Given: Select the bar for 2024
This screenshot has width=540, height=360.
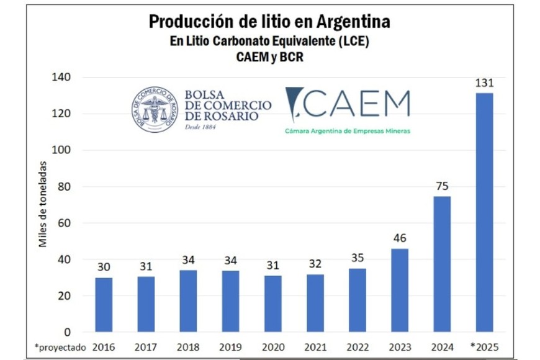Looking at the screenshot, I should (x=442, y=264).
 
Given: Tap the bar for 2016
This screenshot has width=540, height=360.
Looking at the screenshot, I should (x=104, y=304).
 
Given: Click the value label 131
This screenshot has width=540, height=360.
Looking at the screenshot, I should (x=484, y=83).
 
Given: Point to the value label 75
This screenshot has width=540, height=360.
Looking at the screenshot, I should (x=442, y=186).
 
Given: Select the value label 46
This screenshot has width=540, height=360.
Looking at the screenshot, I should (x=400, y=238).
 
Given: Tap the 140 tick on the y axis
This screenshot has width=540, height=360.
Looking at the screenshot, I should (x=64, y=78).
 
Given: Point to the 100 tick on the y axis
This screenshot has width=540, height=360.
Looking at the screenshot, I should (x=64, y=150).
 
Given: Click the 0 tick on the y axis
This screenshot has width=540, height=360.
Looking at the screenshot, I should (x=68, y=332).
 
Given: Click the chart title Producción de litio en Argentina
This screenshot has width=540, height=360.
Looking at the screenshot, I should (x=269, y=22).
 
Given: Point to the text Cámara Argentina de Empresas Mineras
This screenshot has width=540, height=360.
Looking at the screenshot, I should (x=348, y=131).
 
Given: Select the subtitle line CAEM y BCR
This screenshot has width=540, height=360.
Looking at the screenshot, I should (x=269, y=57).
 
